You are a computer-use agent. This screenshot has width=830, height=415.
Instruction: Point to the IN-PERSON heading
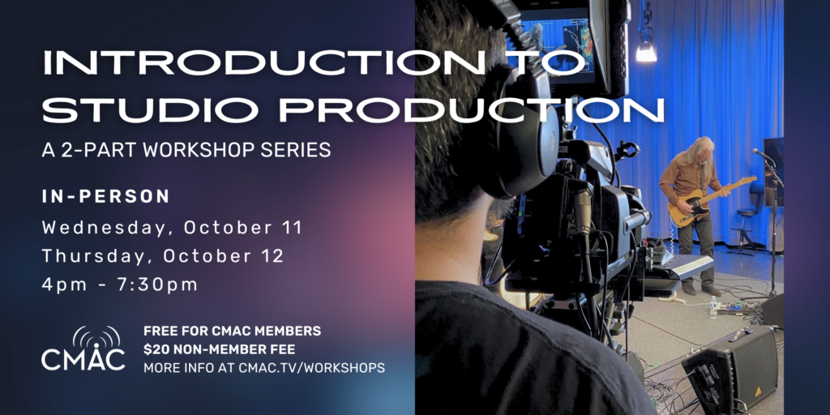(106, 197)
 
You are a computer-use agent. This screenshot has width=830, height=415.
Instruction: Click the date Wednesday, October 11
(172, 228)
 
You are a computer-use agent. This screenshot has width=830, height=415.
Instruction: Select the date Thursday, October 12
(163, 256)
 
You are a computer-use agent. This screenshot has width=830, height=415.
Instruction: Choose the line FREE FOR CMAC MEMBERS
(232, 331)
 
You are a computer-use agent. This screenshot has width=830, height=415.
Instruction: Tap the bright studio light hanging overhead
(646, 51)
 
